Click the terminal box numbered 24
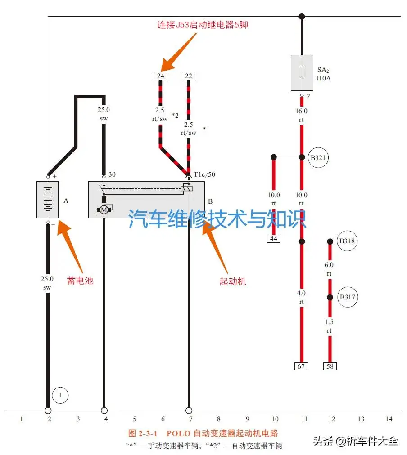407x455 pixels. (160, 76)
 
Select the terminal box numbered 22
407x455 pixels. (189, 76)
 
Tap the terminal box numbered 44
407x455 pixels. (273, 238)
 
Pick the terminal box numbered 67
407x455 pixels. (301, 366)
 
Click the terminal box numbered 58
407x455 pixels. (330, 366)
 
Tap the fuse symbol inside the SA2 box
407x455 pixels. (302, 72)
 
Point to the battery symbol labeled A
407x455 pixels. (47, 200)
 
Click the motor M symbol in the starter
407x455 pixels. (104, 210)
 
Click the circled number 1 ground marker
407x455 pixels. (60, 396)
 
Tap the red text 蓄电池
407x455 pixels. (80, 281)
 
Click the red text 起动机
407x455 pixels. (233, 281)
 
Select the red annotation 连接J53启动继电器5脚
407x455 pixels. (203, 25)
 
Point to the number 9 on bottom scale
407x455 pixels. (247, 419)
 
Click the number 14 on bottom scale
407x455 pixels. (389, 419)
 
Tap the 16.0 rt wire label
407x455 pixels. (301, 116)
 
